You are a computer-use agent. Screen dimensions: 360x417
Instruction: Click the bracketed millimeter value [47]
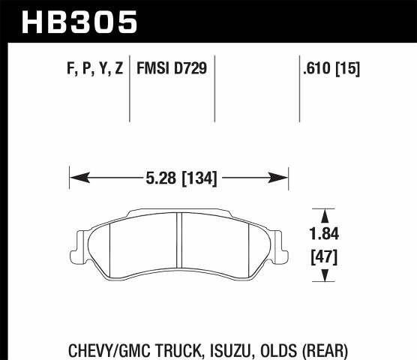click(x=324, y=258)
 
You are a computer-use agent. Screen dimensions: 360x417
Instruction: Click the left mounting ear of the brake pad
click(x=79, y=241)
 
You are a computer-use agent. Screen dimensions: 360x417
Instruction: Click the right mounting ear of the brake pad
click(x=280, y=241)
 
